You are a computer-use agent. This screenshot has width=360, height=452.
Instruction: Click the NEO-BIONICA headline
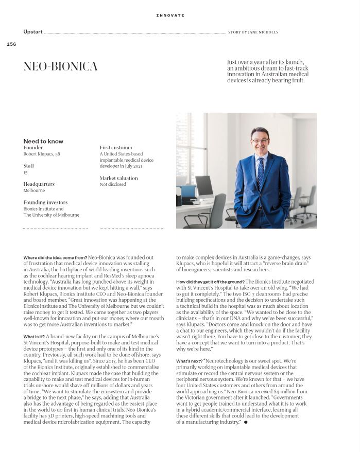(x=60, y=67)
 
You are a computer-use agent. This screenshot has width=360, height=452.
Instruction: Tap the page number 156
(x=11, y=44)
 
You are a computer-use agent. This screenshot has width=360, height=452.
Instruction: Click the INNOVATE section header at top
(x=170, y=15)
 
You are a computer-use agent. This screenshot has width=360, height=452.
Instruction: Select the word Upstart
(x=33, y=32)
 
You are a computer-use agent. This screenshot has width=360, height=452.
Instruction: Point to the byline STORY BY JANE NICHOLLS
(x=253, y=32)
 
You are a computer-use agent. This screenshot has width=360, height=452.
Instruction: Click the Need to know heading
(x=43, y=141)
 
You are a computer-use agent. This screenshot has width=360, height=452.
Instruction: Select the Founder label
(x=33, y=148)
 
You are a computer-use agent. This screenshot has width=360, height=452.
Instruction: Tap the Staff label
(x=29, y=166)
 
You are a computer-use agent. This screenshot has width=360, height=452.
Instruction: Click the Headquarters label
(x=39, y=184)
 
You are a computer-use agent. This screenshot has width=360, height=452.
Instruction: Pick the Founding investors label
(x=45, y=202)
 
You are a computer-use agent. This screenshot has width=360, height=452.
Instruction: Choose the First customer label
(x=116, y=148)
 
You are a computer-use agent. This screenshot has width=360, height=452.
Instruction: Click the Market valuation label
(x=119, y=178)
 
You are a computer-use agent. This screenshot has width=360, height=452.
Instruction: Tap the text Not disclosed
(x=113, y=184)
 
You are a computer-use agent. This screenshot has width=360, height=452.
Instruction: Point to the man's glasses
(x=260, y=140)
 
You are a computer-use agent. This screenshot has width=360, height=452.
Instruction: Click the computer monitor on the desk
(x=204, y=186)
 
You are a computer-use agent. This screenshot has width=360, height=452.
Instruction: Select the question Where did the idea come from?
(x=55, y=257)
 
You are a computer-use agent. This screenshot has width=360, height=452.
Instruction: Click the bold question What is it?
(x=34, y=337)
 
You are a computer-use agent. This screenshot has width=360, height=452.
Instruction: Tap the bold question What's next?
(x=189, y=361)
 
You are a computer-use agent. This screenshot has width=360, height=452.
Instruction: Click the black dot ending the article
(x=246, y=422)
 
